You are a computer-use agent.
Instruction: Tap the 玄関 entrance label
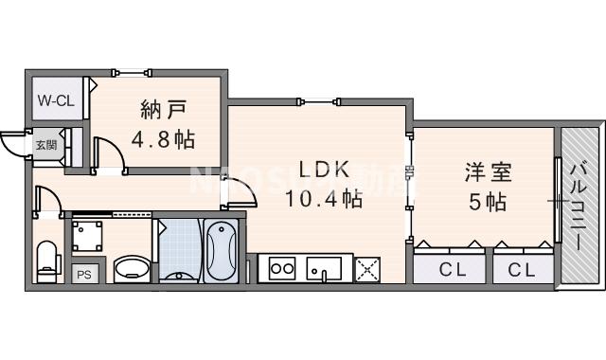pos(45,145)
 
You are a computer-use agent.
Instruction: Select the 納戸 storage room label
pos(163,107)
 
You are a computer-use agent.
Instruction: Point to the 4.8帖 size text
pos(163,139)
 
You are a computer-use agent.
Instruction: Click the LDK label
pos(326,171)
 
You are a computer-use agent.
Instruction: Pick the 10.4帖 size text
pos(325,199)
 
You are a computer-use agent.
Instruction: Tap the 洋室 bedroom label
pos(487,173)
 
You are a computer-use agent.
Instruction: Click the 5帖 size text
pos(487,202)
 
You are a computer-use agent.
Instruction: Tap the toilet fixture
pos(46,259)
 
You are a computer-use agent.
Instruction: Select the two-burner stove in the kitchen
pos(282,268)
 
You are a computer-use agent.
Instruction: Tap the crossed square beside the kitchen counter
pos(366,269)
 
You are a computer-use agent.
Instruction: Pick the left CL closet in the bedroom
pos(451,269)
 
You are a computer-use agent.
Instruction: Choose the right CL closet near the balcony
pos(520,269)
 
